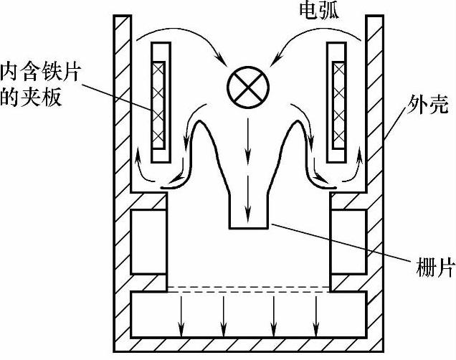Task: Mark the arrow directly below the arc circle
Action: (x=247, y=136)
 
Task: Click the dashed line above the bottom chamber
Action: (x=248, y=288)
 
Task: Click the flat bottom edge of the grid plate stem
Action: (x=248, y=229)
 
